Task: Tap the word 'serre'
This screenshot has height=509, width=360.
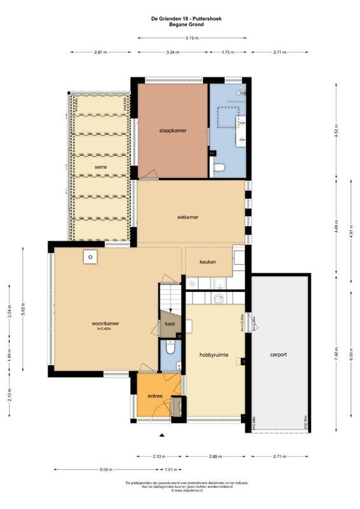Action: click(100, 167)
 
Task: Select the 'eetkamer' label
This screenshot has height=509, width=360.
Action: click(188, 217)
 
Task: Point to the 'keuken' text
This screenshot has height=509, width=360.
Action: click(208, 261)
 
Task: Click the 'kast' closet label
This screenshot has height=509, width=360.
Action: click(170, 324)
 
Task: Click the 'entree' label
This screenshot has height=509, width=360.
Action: click(155, 396)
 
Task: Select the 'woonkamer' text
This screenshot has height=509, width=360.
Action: click(106, 323)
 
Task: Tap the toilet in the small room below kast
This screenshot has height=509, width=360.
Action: click(170, 348)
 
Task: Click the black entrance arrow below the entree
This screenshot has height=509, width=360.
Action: click(162, 435)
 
